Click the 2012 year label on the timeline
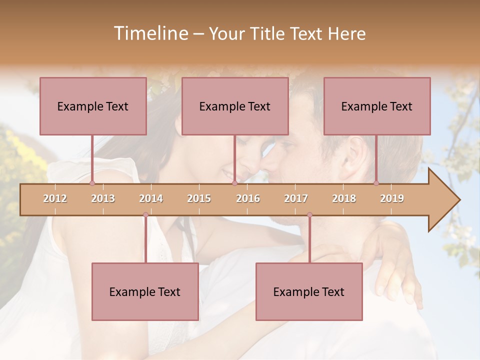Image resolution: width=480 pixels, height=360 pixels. click(55, 198)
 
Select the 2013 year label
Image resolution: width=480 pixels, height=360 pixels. click(103, 198)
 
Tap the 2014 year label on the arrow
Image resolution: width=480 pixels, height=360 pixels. click(151, 198)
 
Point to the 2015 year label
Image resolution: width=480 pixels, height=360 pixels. click(199, 198)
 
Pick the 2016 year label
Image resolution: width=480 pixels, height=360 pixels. click(248, 198)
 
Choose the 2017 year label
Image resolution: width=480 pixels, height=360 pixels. click(296, 198)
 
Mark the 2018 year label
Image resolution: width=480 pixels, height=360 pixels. click(344, 198)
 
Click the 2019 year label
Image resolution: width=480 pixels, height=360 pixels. click(392, 198)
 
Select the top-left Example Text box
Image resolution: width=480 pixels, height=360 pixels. click(93, 106)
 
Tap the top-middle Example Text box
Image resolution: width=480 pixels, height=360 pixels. click(235, 106)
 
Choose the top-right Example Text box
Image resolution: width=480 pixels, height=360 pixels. click(377, 106)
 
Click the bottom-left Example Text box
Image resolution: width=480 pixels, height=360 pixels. click(145, 291)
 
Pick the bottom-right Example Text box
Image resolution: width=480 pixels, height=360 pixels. click(309, 291)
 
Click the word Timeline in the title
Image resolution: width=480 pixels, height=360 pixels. click(149, 33)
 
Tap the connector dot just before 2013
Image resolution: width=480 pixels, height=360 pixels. click(92, 183)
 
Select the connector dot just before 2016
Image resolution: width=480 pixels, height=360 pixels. click(234, 183)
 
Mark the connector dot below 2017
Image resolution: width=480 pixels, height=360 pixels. click(309, 215)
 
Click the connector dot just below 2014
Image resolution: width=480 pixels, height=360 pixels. click(145, 215)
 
